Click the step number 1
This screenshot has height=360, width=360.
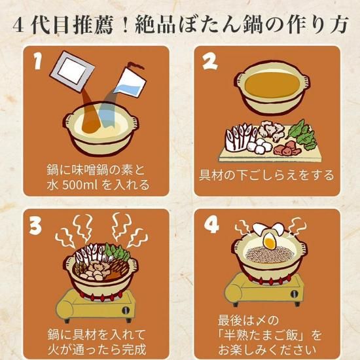pos(38,61)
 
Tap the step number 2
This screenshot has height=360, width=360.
pos(210,62)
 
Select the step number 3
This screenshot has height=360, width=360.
pos(35,226)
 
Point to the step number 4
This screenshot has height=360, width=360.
pos(211,225)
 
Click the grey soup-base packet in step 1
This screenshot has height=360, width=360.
pos(72,71)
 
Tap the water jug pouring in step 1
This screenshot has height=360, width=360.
pos(130,81)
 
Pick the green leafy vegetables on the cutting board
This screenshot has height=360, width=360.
pos(302,135)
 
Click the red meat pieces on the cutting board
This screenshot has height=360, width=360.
pos(287,149)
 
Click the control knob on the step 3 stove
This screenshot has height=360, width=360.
pos(126,310)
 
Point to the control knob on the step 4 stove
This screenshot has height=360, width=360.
pos(295,294)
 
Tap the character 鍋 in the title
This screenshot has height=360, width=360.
pos(253,25)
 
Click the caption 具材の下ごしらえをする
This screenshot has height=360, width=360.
pos(266,175)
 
